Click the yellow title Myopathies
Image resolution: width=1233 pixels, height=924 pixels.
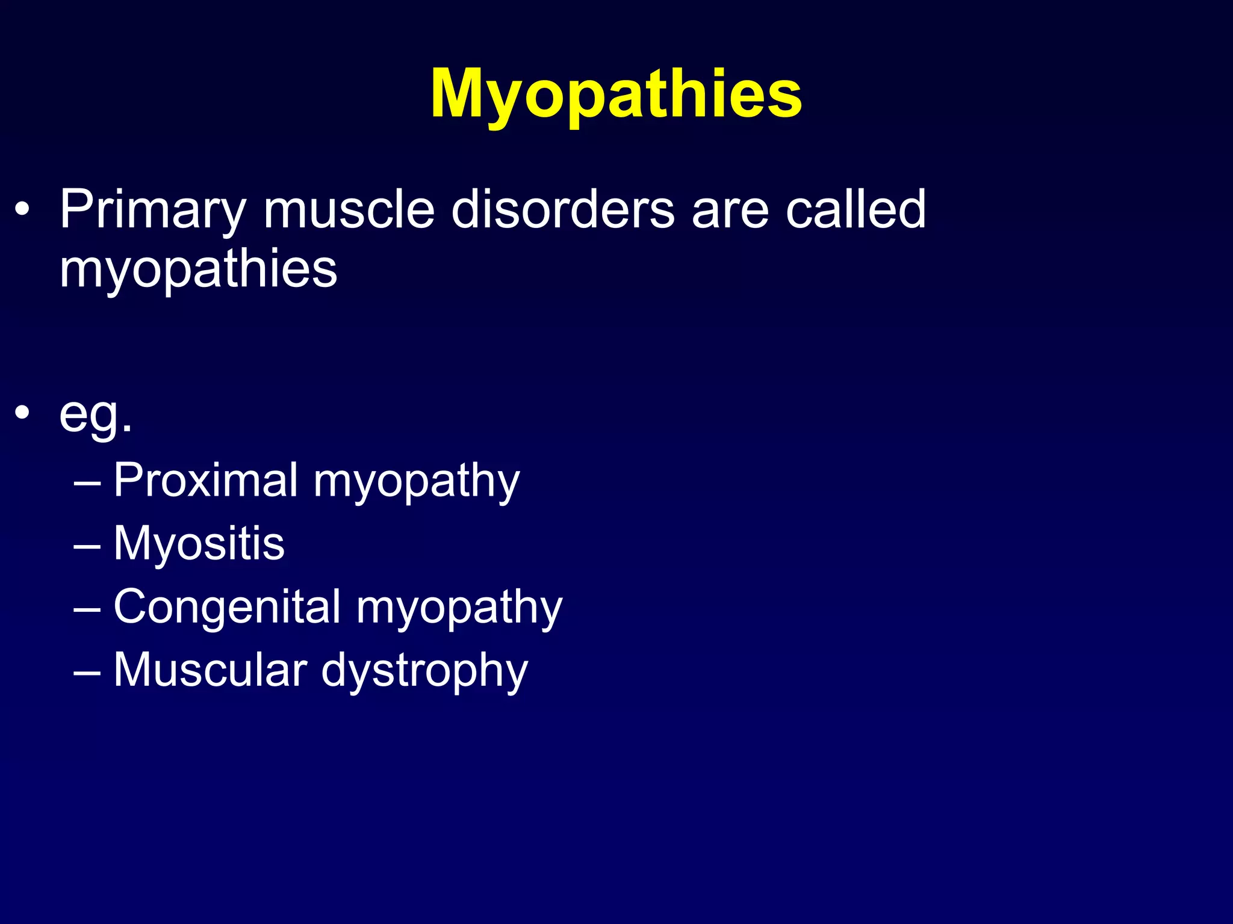[x=616, y=94]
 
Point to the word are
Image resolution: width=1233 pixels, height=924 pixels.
[x=730, y=211]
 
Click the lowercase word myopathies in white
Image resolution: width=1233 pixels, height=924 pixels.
[x=198, y=269]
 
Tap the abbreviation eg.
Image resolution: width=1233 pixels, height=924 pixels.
[x=95, y=415]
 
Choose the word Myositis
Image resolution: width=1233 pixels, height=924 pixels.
[x=199, y=544]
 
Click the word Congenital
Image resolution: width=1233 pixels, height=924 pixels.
[x=228, y=606]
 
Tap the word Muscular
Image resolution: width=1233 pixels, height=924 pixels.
[x=211, y=670]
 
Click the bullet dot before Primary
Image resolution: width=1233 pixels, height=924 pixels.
[x=22, y=210]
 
